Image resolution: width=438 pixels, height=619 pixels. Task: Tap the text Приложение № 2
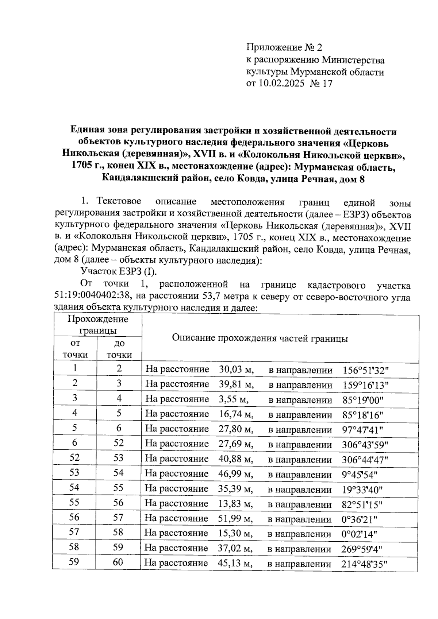(x=285, y=47)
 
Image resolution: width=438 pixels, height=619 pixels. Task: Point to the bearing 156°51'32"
(x=366, y=370)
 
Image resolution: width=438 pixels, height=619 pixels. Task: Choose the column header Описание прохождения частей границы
(x=260, y=338)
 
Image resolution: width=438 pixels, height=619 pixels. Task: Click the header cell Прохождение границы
(x=98, y=325)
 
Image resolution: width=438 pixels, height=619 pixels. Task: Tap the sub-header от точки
(x=75, y=349)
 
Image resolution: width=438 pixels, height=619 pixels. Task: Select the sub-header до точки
(x=119, y=349)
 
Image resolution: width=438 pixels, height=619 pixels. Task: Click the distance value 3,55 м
(x=234, y=399)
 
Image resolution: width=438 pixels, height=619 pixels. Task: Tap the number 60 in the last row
(x=118, y=562)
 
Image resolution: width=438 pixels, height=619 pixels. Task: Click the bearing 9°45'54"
(x=360, y=475)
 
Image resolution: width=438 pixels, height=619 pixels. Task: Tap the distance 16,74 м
(x=236, y=414)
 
